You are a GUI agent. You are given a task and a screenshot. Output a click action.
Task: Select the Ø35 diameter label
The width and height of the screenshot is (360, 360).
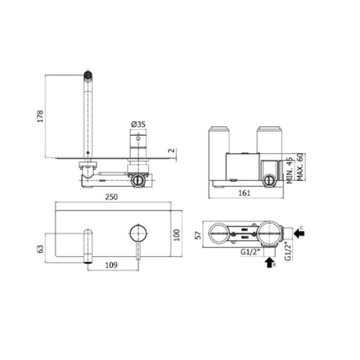coord(138,124)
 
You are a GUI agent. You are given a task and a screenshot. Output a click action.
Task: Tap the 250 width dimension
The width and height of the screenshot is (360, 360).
coord(112,197)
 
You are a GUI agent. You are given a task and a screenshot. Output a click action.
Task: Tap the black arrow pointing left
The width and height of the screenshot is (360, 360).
coord(299,233)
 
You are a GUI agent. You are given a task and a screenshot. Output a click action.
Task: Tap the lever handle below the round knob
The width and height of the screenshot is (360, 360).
coord(137,252)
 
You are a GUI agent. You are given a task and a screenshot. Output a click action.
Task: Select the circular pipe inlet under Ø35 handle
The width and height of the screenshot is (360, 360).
coord(138,180)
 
